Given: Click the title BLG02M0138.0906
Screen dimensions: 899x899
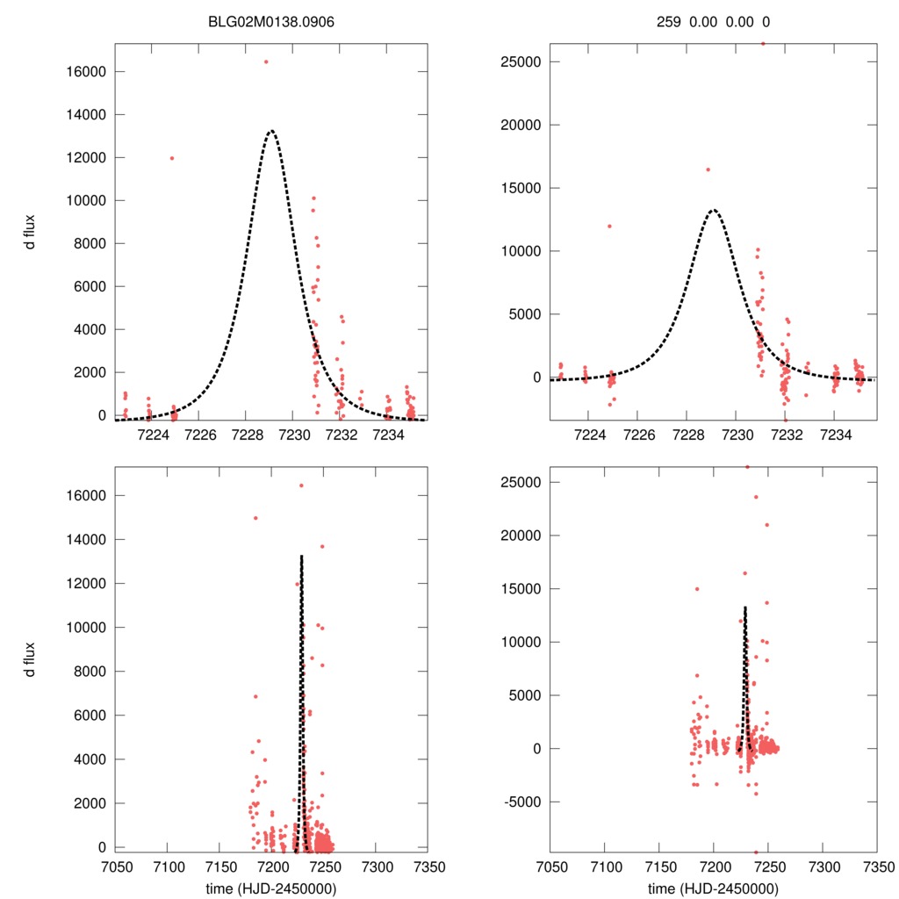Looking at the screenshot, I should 270,22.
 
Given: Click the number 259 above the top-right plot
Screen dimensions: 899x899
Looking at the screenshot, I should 669,22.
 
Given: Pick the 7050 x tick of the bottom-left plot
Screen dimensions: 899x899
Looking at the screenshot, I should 115,865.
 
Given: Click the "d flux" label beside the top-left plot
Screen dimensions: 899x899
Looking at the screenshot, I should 30,232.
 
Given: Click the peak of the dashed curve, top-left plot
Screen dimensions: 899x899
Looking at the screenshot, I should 271,131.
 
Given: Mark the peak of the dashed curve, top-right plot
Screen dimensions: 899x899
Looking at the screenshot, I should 714,210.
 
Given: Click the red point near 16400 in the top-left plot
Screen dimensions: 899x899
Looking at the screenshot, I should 266,61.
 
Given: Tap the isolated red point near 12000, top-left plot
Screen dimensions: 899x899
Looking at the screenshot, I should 172,158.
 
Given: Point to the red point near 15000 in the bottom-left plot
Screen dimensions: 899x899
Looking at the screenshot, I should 255,518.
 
